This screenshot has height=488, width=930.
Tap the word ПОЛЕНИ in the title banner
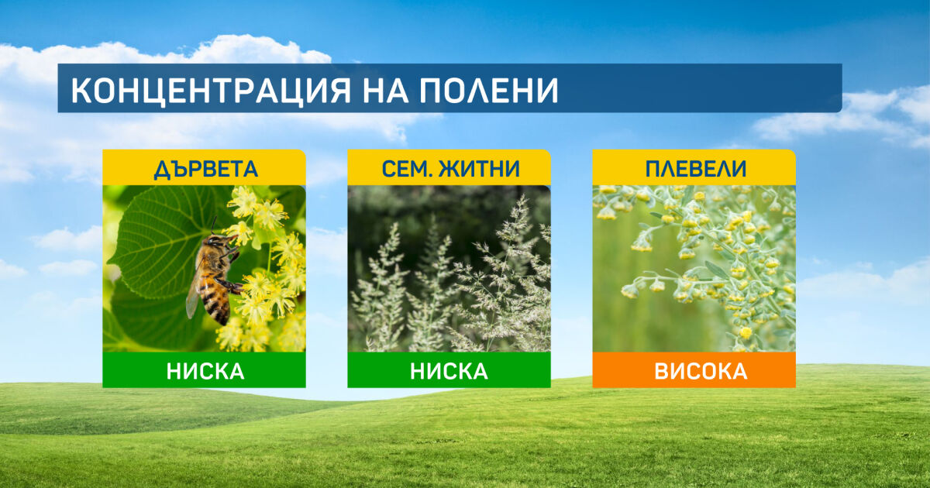coord(489,91)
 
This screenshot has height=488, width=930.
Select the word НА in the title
coord(385,91)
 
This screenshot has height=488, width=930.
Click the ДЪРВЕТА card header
coord(205,167)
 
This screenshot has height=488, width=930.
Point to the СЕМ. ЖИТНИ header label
coord(450,169)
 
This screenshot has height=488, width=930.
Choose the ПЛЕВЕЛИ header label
coord(696,169)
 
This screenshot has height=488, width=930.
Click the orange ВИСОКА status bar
coord(694,370)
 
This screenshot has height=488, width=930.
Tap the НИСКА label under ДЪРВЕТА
coord(205,371)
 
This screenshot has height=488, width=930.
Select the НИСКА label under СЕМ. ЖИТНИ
coord(449,371)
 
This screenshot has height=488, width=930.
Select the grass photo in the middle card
coord(449,269)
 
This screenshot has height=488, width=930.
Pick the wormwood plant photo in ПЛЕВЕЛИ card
coord(694,269)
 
